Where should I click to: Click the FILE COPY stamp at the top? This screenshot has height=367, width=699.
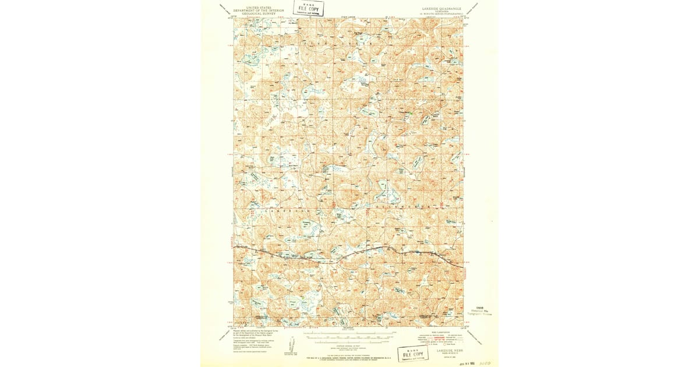pyautogui.click(x=309, y=8)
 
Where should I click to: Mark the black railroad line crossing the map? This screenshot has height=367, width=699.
pyautogui.click(x=349, y=255)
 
